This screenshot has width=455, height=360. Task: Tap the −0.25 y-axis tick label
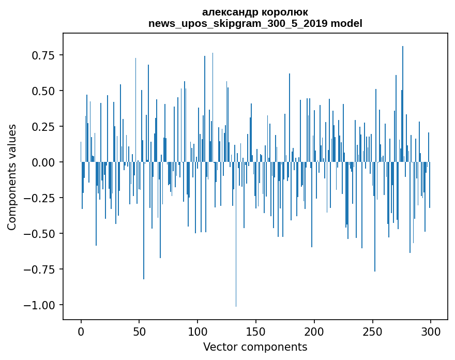[40, 198]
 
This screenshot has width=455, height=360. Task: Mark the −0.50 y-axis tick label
[40, 234]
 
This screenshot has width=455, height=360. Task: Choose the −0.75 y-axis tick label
[40, 269]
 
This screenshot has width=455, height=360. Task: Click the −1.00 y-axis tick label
[40, 305]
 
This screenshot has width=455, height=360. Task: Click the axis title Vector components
[255, 347]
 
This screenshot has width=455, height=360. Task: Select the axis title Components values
[12, 177]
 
